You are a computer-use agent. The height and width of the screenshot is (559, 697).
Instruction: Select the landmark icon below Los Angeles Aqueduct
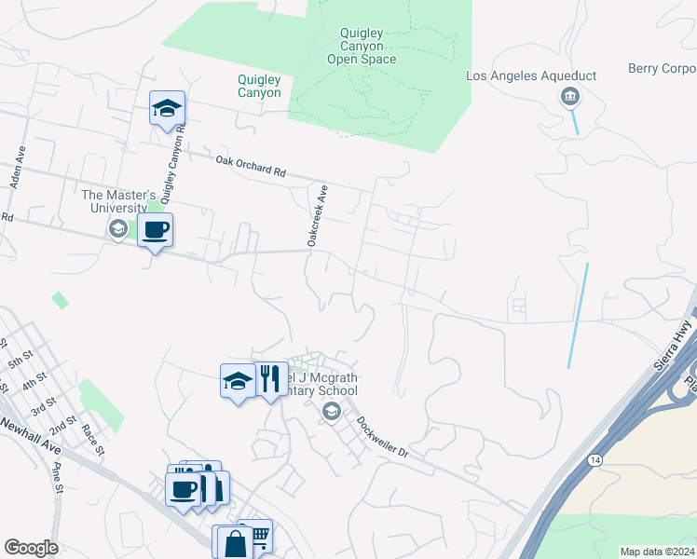[x=569, y=97]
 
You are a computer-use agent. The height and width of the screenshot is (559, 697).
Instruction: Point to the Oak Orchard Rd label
[x=251, y=166]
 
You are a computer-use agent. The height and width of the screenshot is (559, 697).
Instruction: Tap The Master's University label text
[x=115, y=201]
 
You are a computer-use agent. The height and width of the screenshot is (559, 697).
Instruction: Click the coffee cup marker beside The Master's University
[x=155, y=230]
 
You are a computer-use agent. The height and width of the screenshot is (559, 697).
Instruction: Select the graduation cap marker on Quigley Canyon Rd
[x=168, y=110]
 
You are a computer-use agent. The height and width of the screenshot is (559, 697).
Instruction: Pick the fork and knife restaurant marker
[x=270, y=379]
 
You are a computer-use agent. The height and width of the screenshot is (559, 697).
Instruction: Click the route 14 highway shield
[x=594, y=459]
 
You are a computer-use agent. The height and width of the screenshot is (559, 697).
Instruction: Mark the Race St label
[x=90, y=436]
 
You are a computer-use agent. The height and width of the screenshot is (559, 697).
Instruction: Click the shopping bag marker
[x=235, y=543]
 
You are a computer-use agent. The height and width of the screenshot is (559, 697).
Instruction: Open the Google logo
[x=31, y=548]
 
